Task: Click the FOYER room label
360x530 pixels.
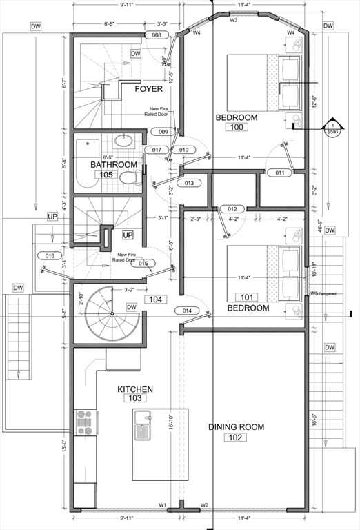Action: pos(148,89)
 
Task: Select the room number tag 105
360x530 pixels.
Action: pos(106,175)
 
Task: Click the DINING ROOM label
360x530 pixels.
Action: pos(237,427)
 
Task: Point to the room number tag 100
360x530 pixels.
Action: pos(237,128)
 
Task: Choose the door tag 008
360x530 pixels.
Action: pos(156,35)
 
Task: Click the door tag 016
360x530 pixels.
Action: pos(49,256)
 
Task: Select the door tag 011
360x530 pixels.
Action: pos(279,173)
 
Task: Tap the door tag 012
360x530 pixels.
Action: pos(232,209)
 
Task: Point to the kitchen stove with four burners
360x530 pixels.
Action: pos(84,422)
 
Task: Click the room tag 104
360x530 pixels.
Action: pos(154,300)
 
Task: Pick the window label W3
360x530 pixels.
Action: pos(233,20)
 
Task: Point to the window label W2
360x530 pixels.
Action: pos(204,505)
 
